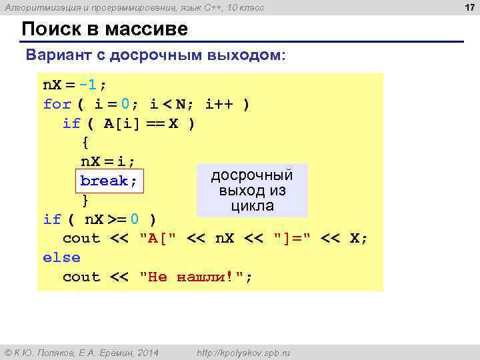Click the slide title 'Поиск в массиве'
[x=105, y=29]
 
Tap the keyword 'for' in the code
[x=57, y=105]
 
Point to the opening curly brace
[x=85, y=143]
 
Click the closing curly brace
[x=85, y=200]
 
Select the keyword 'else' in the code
[x=61, y=257]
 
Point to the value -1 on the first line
[x=89, y=85]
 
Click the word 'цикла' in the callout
[x=252, y=206]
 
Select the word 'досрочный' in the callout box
[x=252, y=175]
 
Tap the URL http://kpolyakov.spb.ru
[x=244, y=352]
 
